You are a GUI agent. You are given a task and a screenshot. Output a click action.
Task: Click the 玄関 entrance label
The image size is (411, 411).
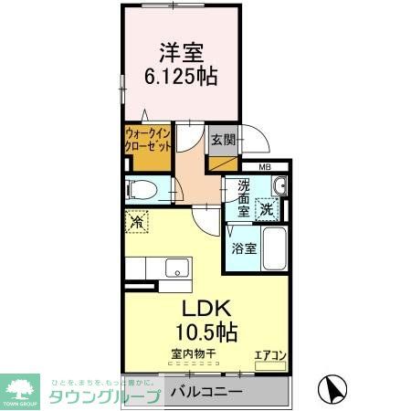tap(223, 140)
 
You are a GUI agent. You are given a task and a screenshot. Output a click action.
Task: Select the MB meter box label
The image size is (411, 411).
tap(264, 166)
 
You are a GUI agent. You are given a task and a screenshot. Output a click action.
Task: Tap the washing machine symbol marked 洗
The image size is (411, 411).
tap(267, 207)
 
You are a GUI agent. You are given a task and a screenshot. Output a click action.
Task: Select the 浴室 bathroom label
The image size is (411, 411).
tap(243, 248)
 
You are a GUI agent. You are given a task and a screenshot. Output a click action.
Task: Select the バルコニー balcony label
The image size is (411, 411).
tap(207, 392)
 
